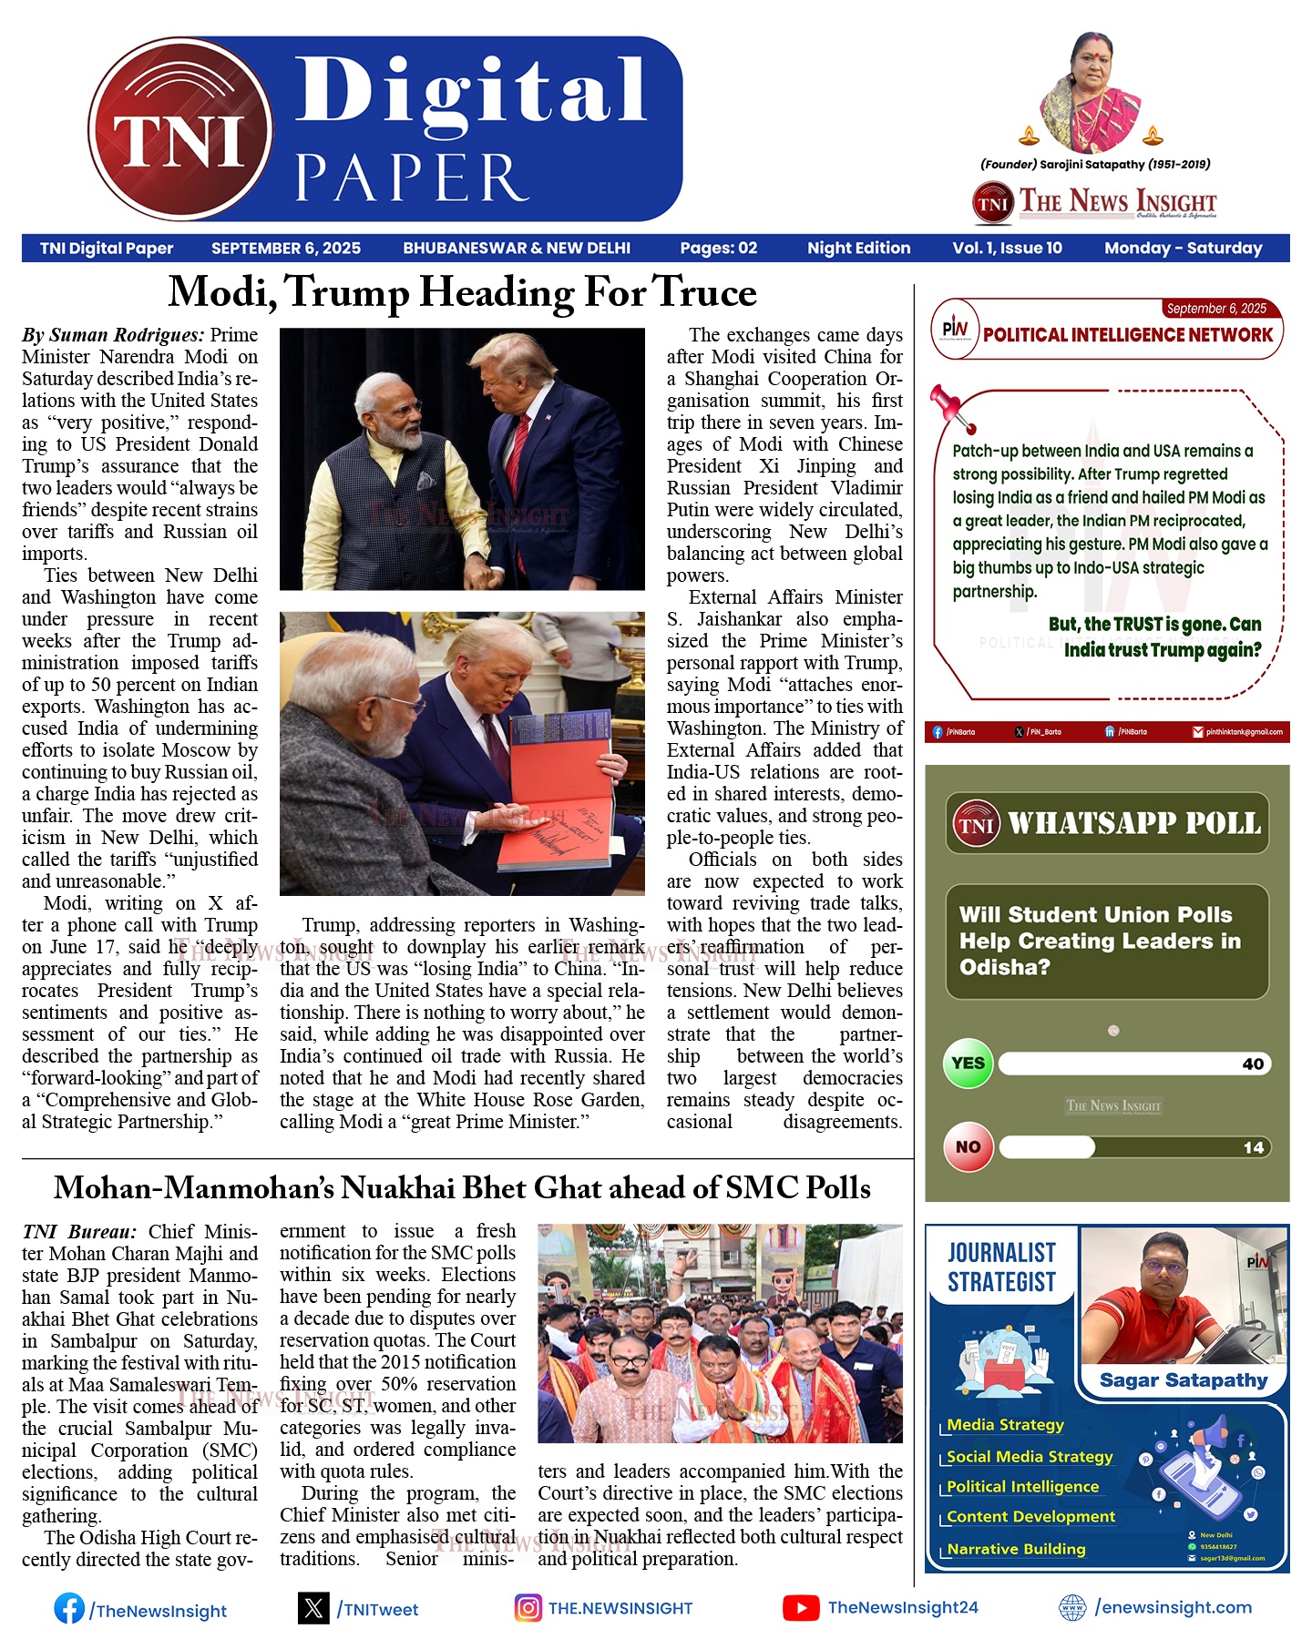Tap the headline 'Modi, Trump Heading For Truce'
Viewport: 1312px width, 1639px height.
[462, 292]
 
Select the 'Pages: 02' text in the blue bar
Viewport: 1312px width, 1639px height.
[718, 248]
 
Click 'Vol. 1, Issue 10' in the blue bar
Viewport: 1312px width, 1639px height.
[1007, 248]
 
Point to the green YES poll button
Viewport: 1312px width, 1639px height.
[968, 1064]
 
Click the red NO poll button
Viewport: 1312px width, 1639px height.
[968, 1147]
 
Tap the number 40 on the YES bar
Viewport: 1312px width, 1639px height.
[1253, 1064]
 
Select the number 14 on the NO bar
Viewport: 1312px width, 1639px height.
[1254, 1147]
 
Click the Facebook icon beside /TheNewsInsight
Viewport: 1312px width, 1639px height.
[69, 1608]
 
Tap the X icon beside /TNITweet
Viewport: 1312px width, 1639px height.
[313, 1608]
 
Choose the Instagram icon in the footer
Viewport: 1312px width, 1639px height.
[528, 1608]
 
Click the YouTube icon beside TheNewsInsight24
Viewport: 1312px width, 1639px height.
[800, 1608]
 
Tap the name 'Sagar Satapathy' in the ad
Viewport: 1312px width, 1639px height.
[1184, 1380]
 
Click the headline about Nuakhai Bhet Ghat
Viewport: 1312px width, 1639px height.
[462, 1188]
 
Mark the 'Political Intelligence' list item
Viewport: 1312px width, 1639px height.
[1022, 1487]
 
